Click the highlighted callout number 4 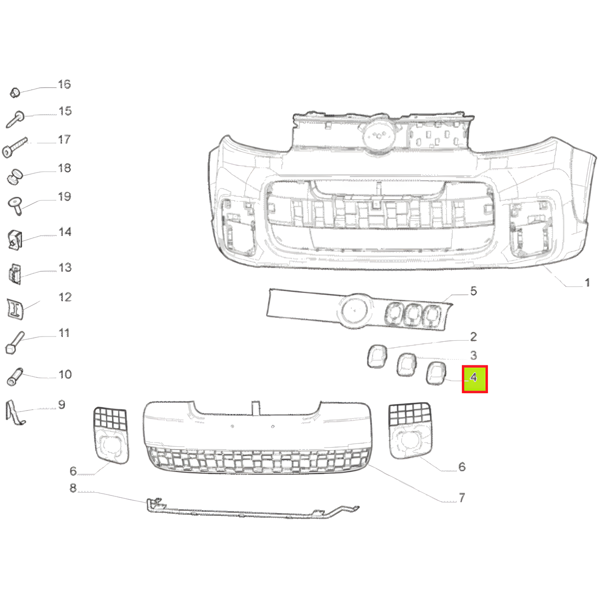click(x=473, y=378)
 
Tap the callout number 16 click(x=64, y=84)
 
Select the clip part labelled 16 click(x=15, y=93)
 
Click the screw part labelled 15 click(x=15, y=119)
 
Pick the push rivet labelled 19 click(x=15, y=205)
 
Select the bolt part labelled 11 click(x=15, y=343)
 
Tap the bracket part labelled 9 click(x=15, y=412)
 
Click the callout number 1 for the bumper click(x=586, y=283)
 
